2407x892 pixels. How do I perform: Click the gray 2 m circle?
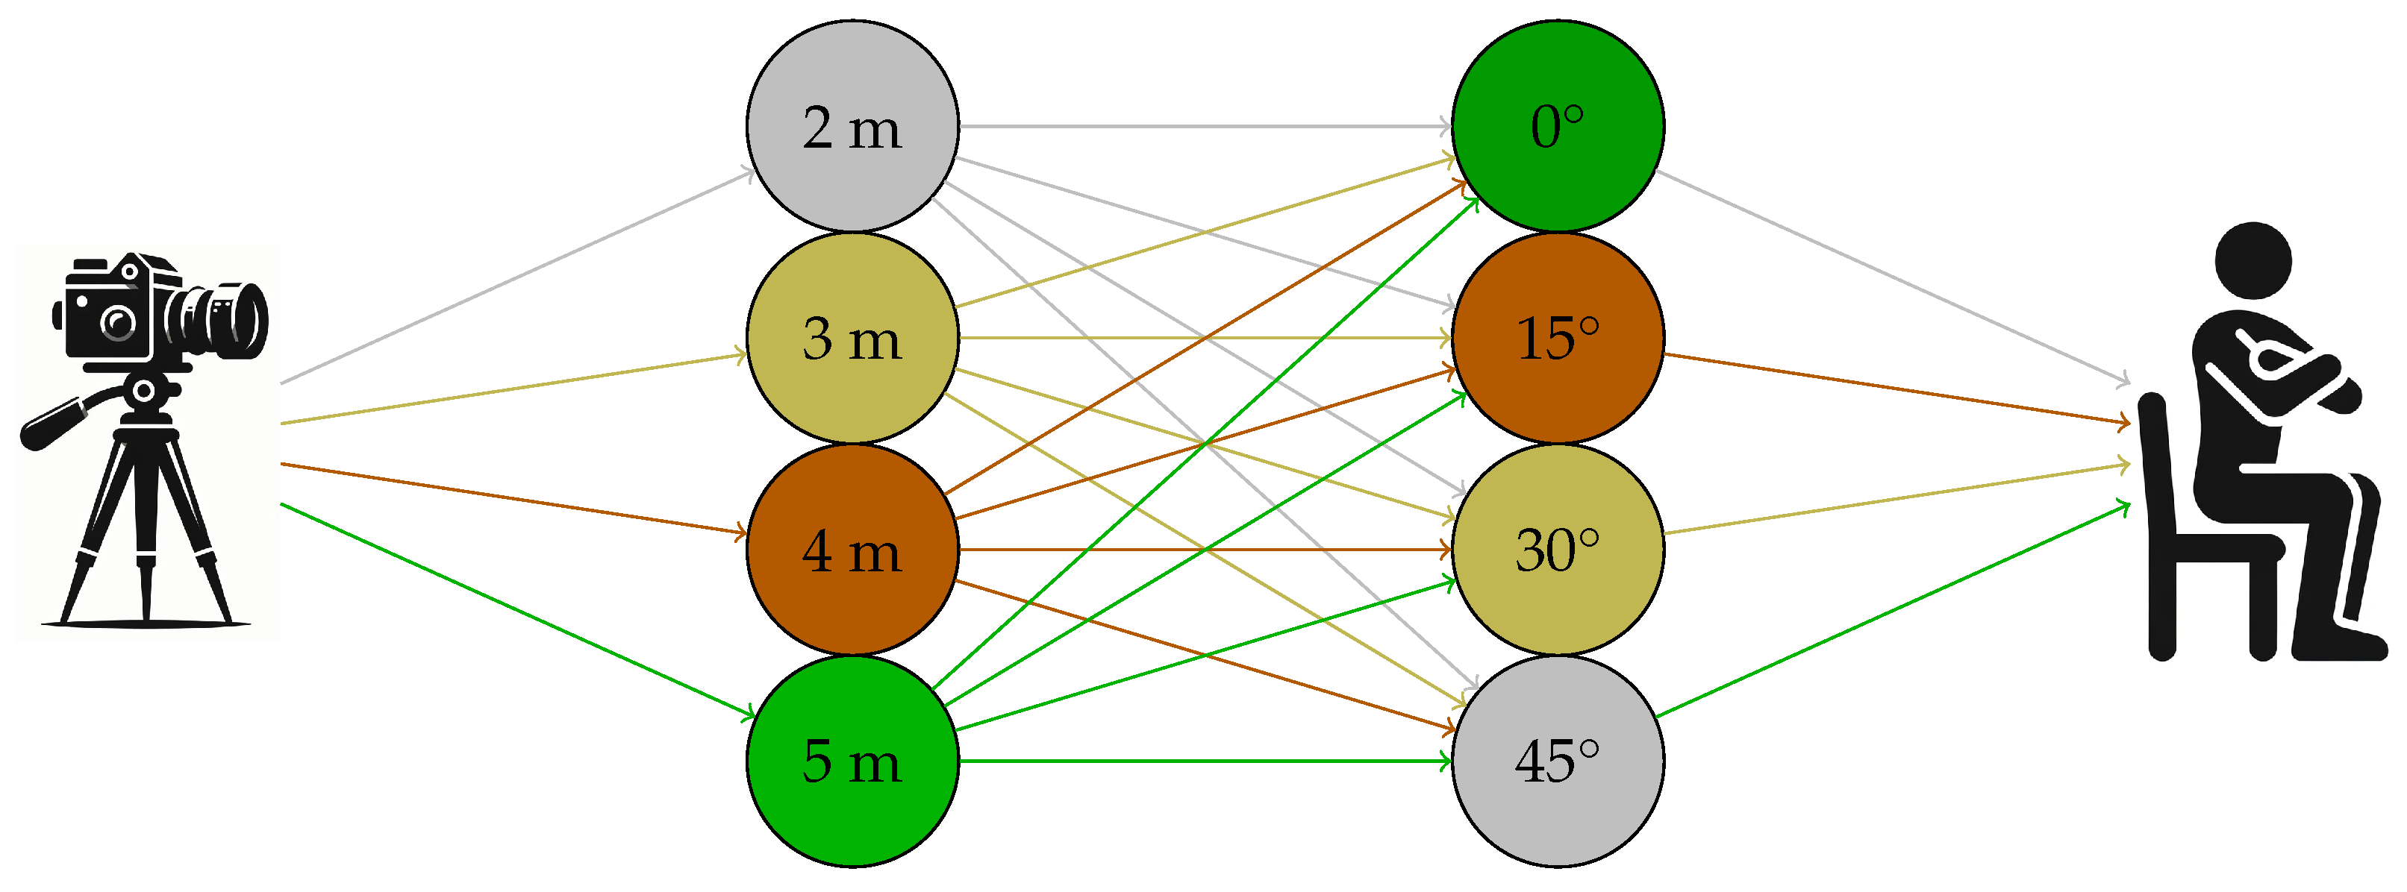[852, 126]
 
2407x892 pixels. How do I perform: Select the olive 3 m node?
[852, 337]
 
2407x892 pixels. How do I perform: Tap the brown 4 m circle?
[852, 549]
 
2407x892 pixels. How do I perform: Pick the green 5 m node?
[852, 761]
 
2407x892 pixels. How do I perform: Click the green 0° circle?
[1558, 126]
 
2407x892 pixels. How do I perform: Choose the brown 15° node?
[1558, 337]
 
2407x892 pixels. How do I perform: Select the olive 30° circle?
[1558, 549]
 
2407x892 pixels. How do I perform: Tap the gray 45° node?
[1558, 761]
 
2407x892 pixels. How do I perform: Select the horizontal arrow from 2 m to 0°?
[1205, 126]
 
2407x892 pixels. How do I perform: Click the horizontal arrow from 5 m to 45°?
[1205, 761]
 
